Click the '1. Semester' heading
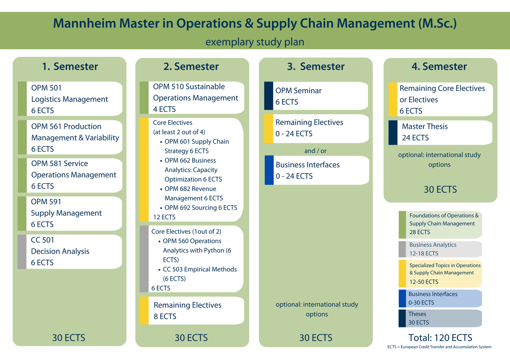[x=70, y=67]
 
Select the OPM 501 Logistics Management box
[x=70, y=99]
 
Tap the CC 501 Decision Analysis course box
[x=70, y=251]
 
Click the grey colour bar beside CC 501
[x=22, y=252]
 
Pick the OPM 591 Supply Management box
[x=70, y=213]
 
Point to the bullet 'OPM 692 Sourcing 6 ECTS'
[x=200, y=208]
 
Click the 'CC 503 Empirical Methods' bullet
[x=199, y=269]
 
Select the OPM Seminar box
[x=316, y=96]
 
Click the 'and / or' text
[x=315, y=151]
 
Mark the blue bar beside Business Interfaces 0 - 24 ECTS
[x=269, y=170]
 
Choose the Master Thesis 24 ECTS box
[x=440, y=132]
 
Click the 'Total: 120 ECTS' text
[x=440, y=338]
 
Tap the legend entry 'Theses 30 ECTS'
[x=440, y=318]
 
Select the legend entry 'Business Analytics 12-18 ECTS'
[x=440, y=249]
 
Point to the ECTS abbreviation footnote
[x=439, y=347]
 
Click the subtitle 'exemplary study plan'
[x=255, y=42]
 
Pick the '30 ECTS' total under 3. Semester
[x=316, y=338]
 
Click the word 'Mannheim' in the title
[x=85, y=23]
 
